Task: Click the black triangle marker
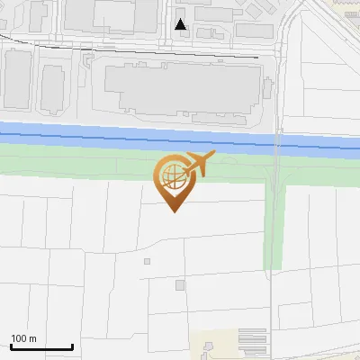coord(181,24)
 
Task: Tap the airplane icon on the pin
coord(198,164)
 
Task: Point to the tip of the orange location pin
coord(173,211)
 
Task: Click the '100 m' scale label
coord(23,338)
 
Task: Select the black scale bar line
coord(41,347)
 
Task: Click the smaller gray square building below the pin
coord(148,262)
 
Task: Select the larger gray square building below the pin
coord(180,285)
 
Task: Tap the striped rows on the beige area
coord(253,341)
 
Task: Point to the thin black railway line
coord(135,49)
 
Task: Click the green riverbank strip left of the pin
coord(72,161)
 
